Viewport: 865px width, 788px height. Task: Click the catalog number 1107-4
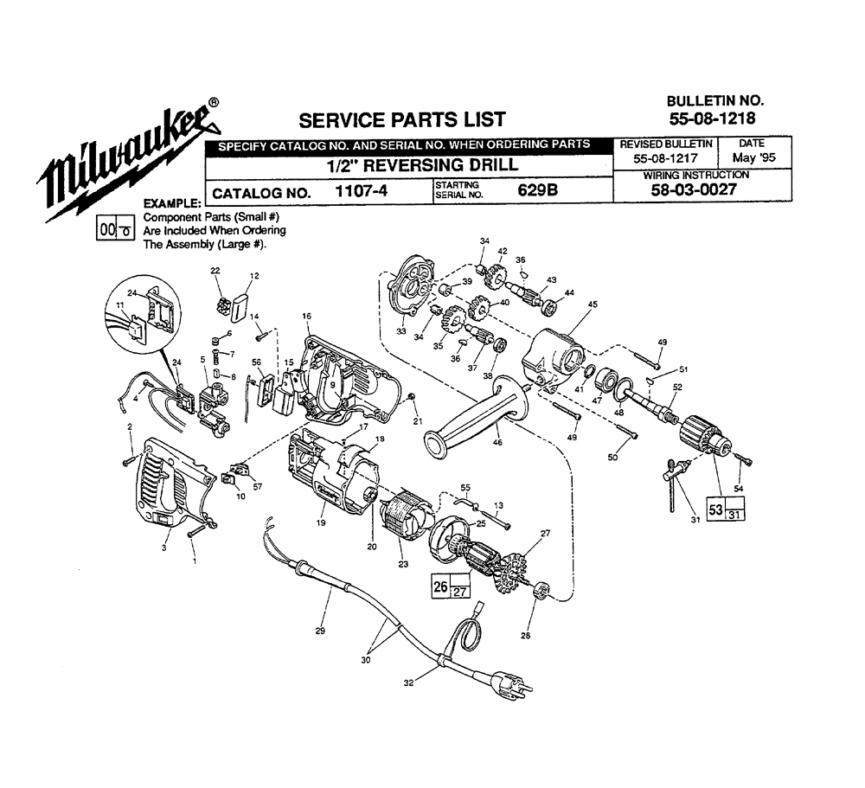tap(359, 193)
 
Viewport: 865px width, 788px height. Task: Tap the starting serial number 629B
tap(534, 192)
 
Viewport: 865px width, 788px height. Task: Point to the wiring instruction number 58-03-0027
tap(696, 191)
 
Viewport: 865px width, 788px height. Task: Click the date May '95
tap(752, 159)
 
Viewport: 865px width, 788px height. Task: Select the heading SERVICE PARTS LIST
tap(401, 119)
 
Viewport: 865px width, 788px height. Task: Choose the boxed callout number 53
tap(715, 509)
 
